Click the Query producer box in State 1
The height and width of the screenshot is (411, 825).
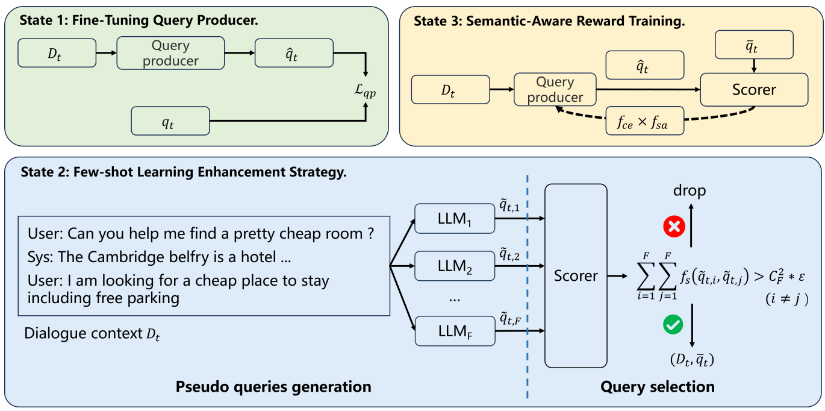(170, 53)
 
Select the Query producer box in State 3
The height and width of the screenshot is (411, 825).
(555, 89)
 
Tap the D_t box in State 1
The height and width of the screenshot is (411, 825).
(57, 53)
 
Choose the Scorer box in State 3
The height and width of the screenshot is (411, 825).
(753, 90)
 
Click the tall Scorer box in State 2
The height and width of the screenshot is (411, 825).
(576, 276)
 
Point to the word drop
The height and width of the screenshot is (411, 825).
(690, 191)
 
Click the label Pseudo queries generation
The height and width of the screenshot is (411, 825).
(273, 386)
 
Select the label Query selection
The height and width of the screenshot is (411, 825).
(657, 386)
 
